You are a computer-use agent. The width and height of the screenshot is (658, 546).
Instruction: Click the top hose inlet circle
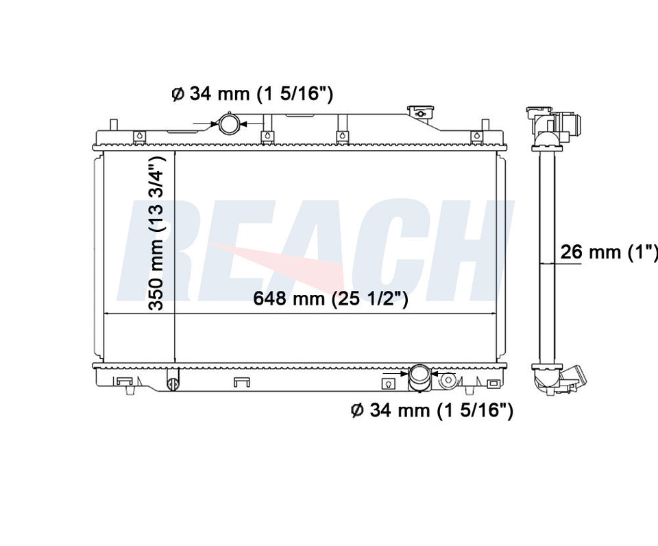pyautogui.click(x=230, y=124)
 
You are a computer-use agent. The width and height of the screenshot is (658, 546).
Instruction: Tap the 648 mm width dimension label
pyautogui.click(x=330, y=298)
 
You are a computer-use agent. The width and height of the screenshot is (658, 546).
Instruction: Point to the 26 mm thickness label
pyautogui.click(x=609, y=252)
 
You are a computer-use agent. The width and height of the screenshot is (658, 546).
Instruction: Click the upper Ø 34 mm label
pyautogui.click(x=252, y=94)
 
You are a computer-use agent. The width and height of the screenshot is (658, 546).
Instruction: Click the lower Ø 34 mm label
pyautogui.click(x=432, y=410)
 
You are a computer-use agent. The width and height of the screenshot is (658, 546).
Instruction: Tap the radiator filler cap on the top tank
pyautogui.click(x=420, y=112)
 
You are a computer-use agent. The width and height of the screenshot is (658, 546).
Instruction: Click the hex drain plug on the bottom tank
pyautogui.click(x=448, y=381)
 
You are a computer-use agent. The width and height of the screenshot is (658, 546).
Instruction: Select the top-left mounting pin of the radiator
pyautogui.click(x=113, y=126)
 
